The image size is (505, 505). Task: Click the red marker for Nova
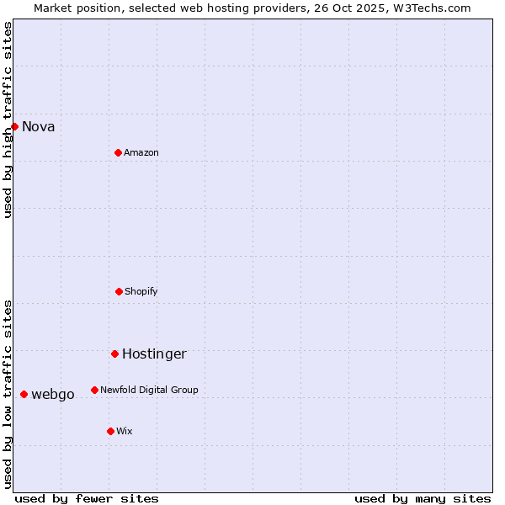(14, 126)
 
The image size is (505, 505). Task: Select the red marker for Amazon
(118, 152)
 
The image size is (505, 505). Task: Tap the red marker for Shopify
(119, 291)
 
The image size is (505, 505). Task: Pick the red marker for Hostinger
(114, 353)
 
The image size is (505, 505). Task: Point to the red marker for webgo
(24, 394)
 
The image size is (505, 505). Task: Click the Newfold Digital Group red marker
(94, 390)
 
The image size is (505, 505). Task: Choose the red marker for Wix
(110, 431)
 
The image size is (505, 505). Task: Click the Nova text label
(39, 126)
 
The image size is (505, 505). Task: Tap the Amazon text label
(141, 152)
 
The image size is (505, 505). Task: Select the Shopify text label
(141, 291)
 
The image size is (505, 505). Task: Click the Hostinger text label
(154, 353)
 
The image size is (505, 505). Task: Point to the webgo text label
(53, 394)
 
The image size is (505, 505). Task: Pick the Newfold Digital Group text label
(149, 390)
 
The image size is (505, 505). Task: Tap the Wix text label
(125, 431)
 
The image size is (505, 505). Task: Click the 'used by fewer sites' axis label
(87, 498)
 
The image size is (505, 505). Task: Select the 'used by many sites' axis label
(423, 498)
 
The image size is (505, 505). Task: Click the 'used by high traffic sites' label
(8, 120)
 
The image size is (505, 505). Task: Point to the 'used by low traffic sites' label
(8, 394)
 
